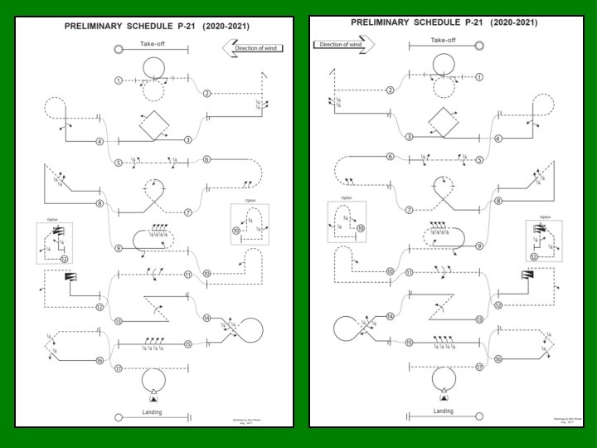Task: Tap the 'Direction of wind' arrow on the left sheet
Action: (253, 49)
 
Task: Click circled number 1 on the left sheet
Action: (119, 80)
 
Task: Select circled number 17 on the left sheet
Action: (119, 368)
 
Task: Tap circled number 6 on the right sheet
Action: (390, 157)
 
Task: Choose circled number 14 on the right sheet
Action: (390, 317)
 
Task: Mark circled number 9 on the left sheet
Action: (119, 248)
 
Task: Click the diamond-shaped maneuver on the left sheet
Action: (153, 127)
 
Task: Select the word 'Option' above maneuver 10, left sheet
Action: (251, 201)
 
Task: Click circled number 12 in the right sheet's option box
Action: (533, 256)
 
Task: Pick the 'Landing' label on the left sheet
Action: (152, 412)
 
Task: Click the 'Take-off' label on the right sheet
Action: (444, 39)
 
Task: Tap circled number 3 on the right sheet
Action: (410, 136)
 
